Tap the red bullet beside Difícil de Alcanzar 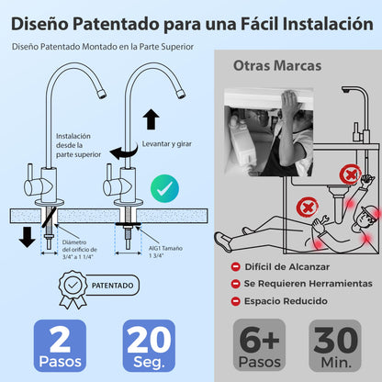(x=236, y=266)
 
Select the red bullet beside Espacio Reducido (x=236, y=300)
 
